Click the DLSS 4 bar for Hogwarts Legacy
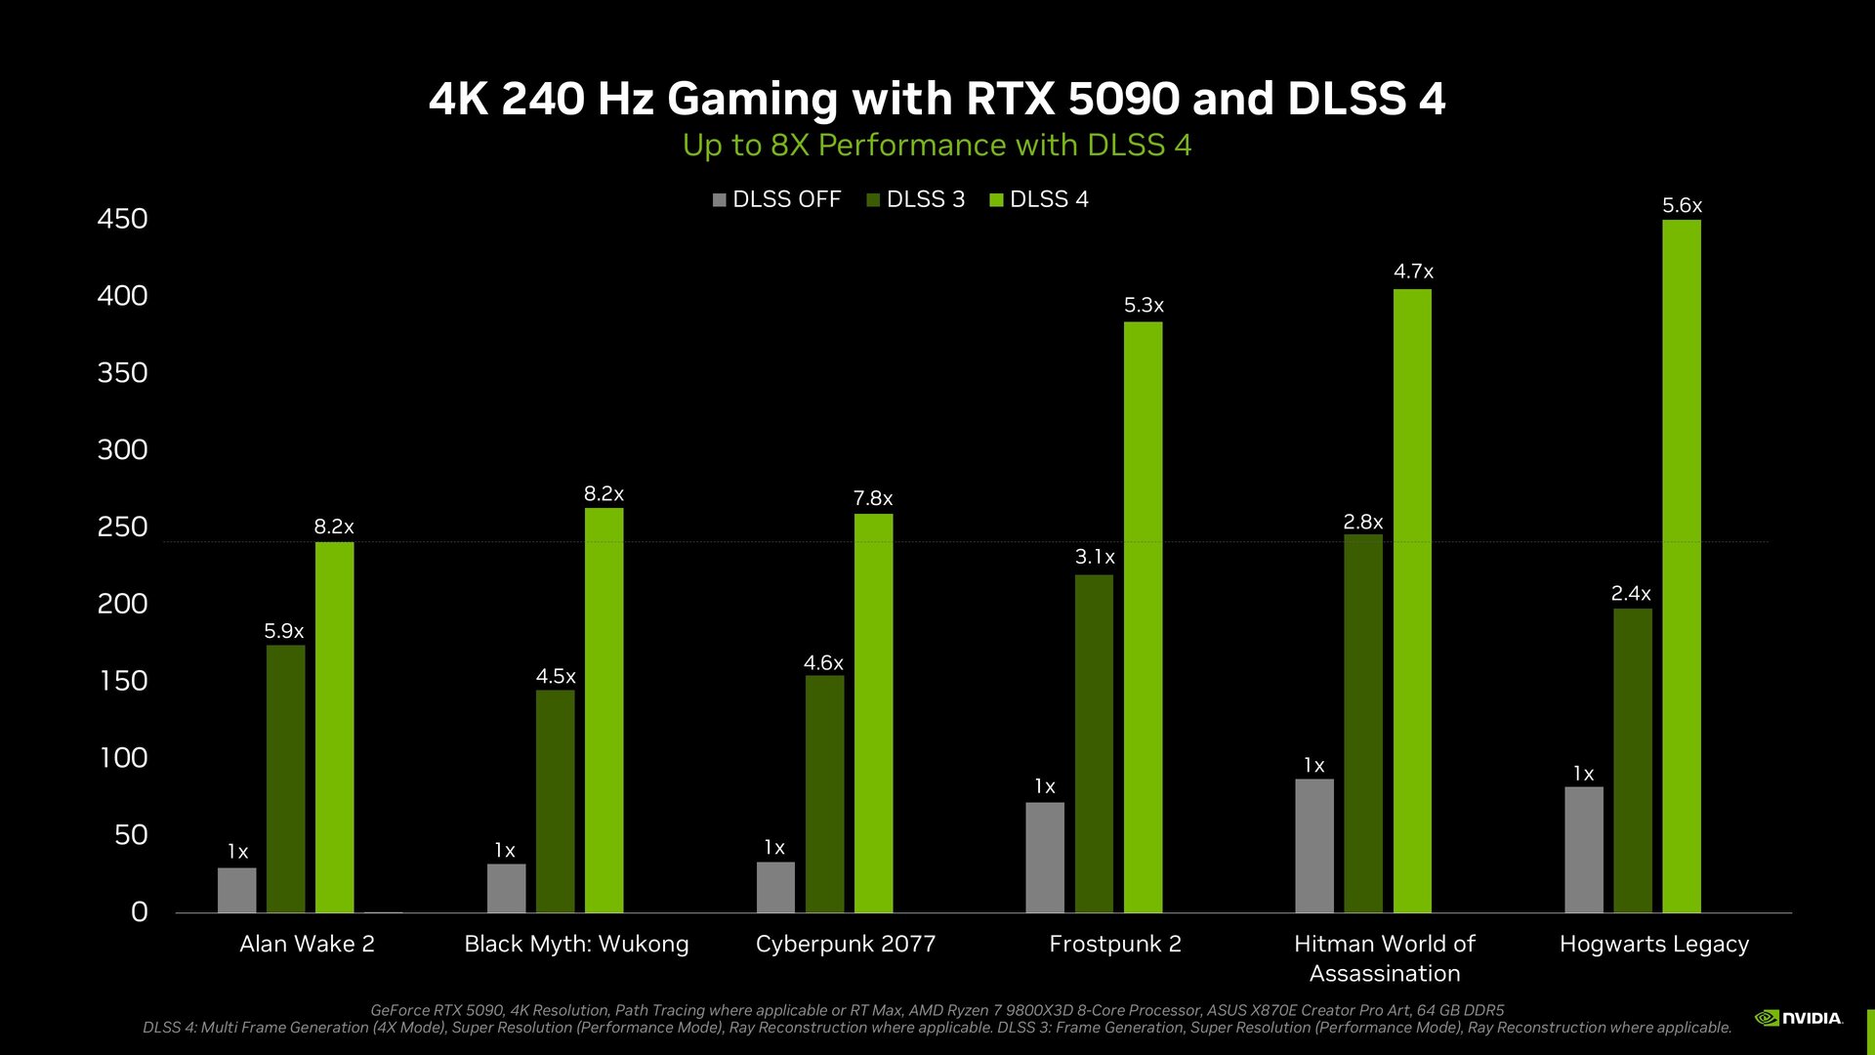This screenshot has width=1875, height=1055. pos(1681,567)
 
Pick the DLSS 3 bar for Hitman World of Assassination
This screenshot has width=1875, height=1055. pos(1363,723)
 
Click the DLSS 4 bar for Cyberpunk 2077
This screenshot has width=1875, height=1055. pos(873,713)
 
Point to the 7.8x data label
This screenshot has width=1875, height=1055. pos(872,498)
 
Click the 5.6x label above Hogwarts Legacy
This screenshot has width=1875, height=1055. pos(1682,205)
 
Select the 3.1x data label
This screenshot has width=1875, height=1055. pos(1094,557)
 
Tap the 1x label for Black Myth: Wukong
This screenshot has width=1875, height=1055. pos(504,850)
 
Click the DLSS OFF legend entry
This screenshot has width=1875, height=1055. pos(777,199)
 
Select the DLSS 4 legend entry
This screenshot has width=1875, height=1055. pos(1040,199)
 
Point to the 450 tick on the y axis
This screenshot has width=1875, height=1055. pos(122,219)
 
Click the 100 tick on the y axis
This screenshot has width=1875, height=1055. pos(123,758)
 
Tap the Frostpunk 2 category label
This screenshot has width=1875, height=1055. pos(1114,944)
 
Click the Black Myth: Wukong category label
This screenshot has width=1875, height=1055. pos(576,944)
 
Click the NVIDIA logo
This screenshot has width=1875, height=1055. pos(1799,1018)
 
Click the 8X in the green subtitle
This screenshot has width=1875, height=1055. pos(790,146)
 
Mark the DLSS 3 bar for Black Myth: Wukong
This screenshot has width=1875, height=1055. pos(555,801)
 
